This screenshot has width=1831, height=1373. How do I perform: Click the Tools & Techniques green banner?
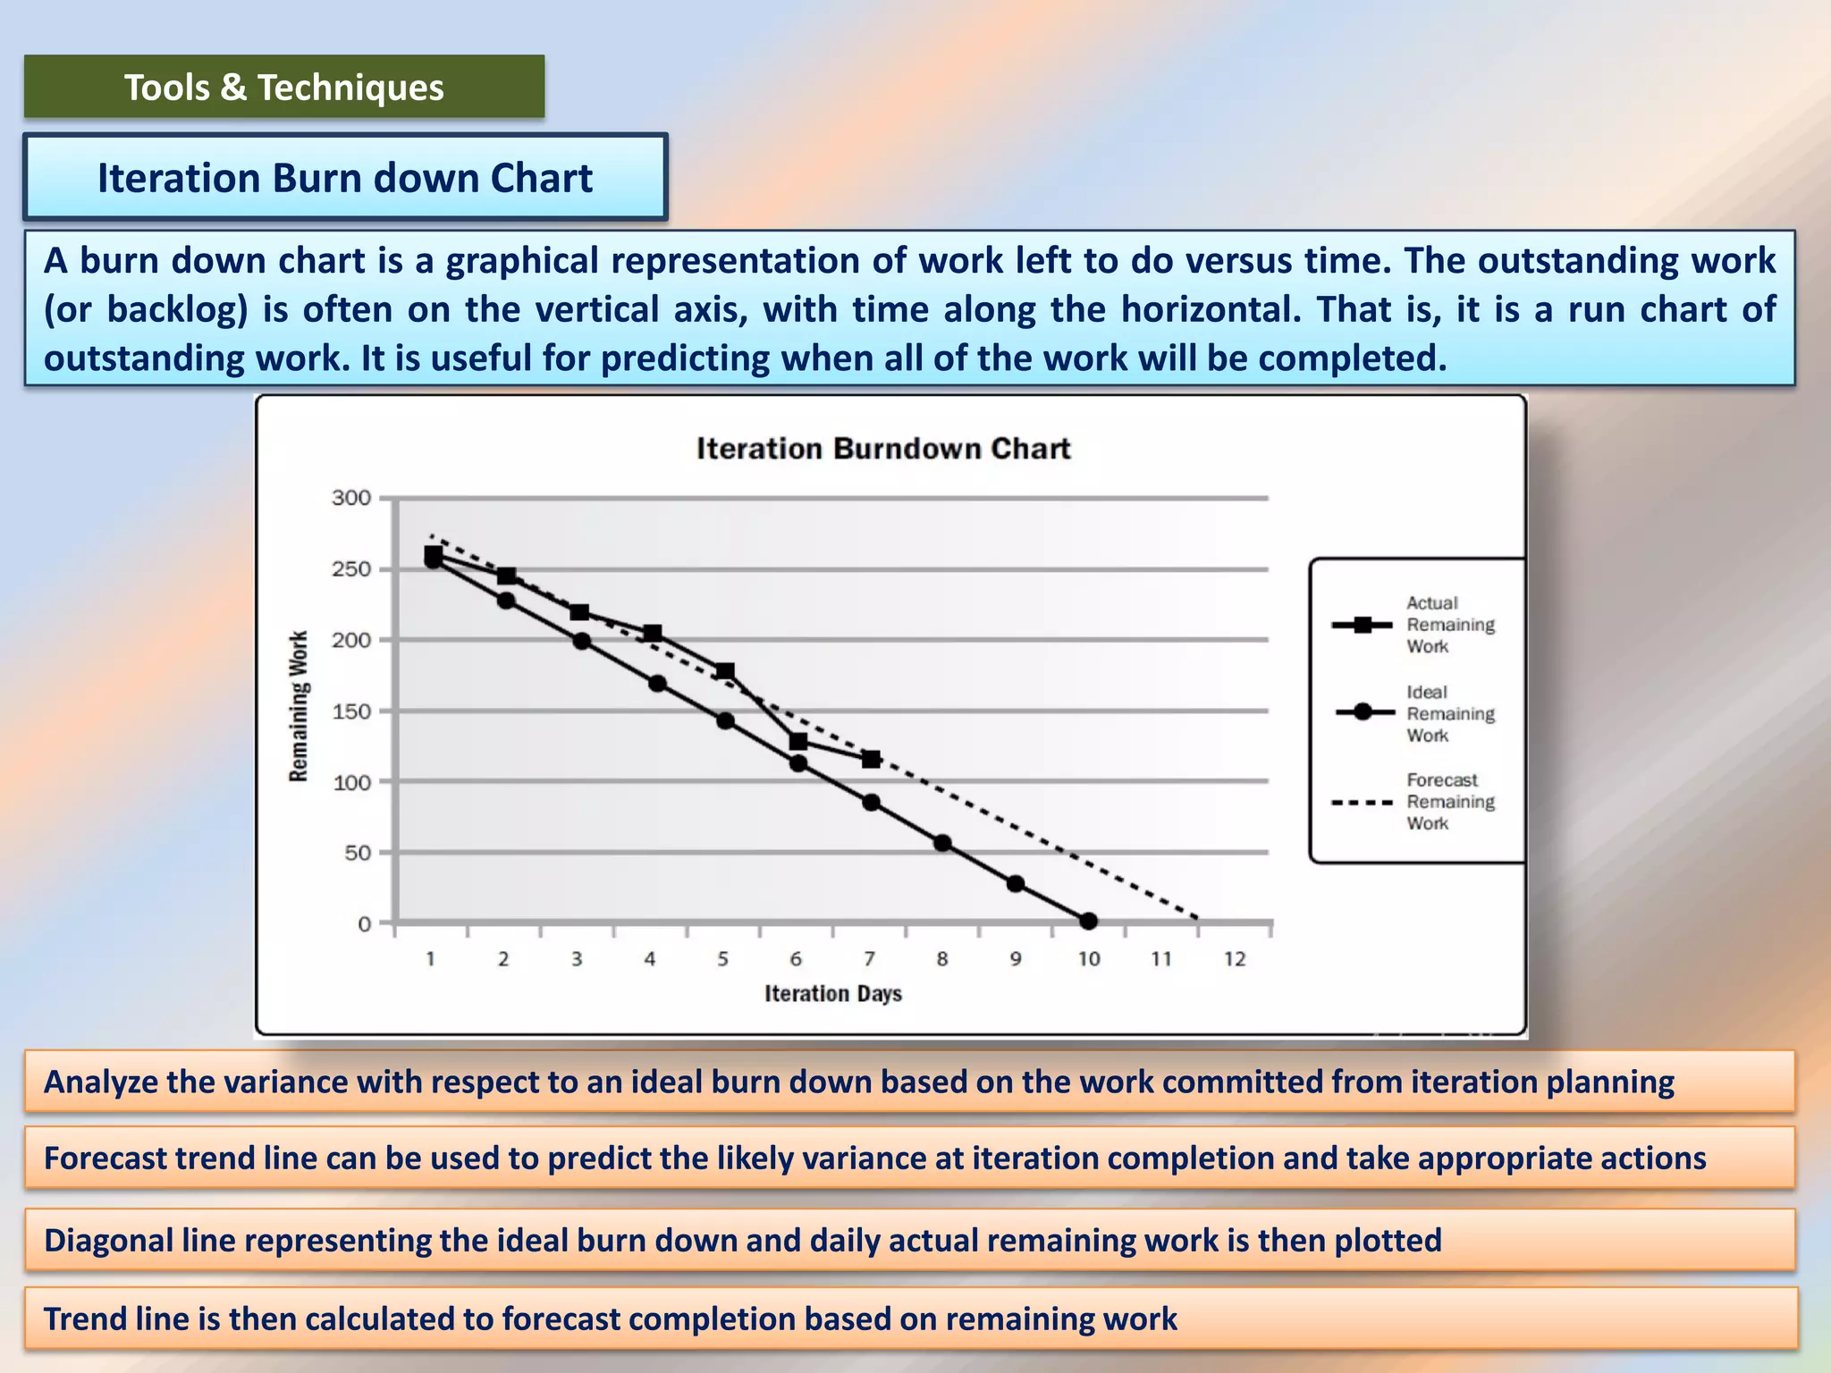284,88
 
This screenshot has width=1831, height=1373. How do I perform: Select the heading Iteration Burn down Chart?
344,178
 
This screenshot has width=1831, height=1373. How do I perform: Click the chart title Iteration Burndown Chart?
883,449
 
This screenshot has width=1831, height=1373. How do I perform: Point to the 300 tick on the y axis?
351,498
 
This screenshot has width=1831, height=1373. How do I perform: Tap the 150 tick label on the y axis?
351,712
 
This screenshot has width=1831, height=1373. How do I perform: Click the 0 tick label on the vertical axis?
364,924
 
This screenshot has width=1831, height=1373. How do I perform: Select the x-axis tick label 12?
1235,959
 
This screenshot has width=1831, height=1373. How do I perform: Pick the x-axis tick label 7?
869,959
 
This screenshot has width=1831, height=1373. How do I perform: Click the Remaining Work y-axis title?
299,706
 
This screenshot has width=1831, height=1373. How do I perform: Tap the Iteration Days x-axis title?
833,994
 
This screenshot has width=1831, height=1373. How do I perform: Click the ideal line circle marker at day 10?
1088,921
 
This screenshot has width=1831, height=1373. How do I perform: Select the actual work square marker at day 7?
871,759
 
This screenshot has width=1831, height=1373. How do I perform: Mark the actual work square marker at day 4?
653,633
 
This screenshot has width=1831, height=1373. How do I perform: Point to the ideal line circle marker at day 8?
942,843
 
